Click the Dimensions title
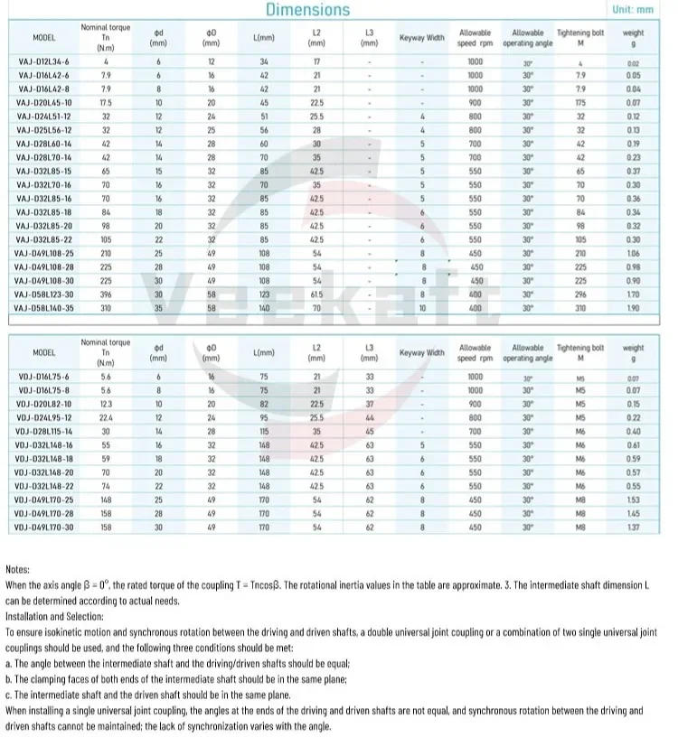(307, 10)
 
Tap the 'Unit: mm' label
(632, 10)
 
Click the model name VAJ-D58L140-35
(43, 307)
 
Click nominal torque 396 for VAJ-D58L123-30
(106, 294)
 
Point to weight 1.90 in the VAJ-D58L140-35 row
(633, 307)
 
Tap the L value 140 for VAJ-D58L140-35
(264, 307)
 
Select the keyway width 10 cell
(422, 307)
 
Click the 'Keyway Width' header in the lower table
(422, 352)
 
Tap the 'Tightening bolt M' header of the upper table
(579, 37)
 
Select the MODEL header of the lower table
(43, 352)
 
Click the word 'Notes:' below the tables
(18, 569)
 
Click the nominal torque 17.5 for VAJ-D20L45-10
(106, 103)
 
